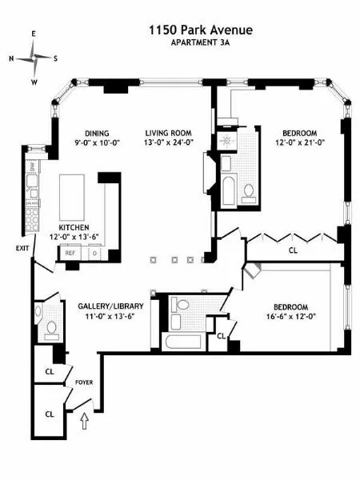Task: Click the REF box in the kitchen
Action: click(70, 254)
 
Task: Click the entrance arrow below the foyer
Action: click(86, 418)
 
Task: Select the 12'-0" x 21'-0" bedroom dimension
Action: click(298, 143)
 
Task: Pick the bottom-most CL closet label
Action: click(49, 414)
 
